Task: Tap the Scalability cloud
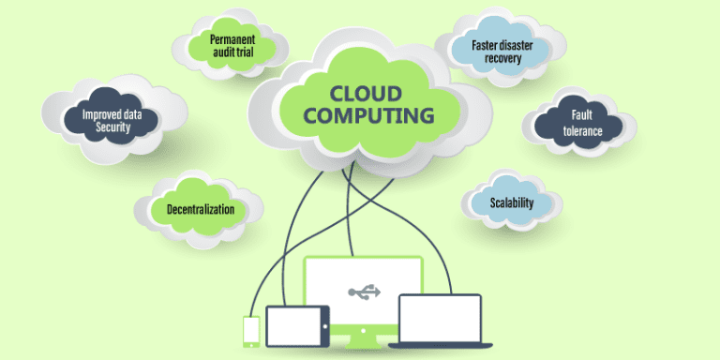[x=511, y=202]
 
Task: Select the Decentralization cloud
[x=199, y=209]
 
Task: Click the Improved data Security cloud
[x=112, y=120]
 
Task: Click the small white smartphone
[x=250, y=330]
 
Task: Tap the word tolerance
[x=582, y=132]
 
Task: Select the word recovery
[x=502, y=58]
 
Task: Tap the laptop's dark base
[x=440, y=345]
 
